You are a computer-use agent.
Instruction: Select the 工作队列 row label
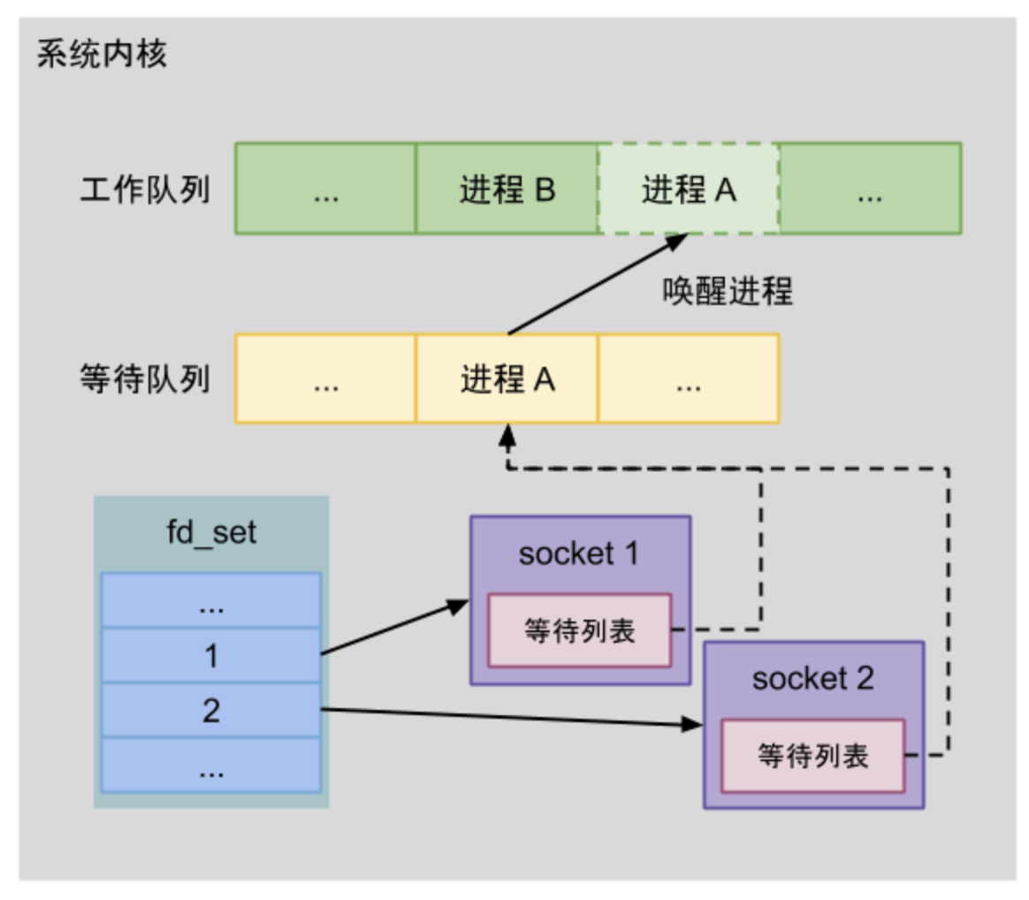tap(145, 190)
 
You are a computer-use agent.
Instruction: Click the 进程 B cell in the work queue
tap(507, 189)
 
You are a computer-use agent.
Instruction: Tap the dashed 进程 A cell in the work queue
tap(689, 189)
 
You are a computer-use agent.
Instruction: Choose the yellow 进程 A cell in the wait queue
tap(507, 378)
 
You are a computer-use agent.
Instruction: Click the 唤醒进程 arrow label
tap(728, 291)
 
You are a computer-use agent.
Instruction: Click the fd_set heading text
tap(211, 533)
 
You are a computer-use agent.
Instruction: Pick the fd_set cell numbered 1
tap(210, 655)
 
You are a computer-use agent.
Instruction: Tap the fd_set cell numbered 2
tap(210, 710)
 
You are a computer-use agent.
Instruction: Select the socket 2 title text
tap(813, 679)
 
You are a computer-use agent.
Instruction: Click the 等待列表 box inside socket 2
tap(813, 756)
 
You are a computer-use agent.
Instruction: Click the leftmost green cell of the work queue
tap(325, 189)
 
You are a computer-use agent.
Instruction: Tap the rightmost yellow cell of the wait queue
tap(689, 378)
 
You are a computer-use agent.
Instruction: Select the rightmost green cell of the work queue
tap(871, 189)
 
